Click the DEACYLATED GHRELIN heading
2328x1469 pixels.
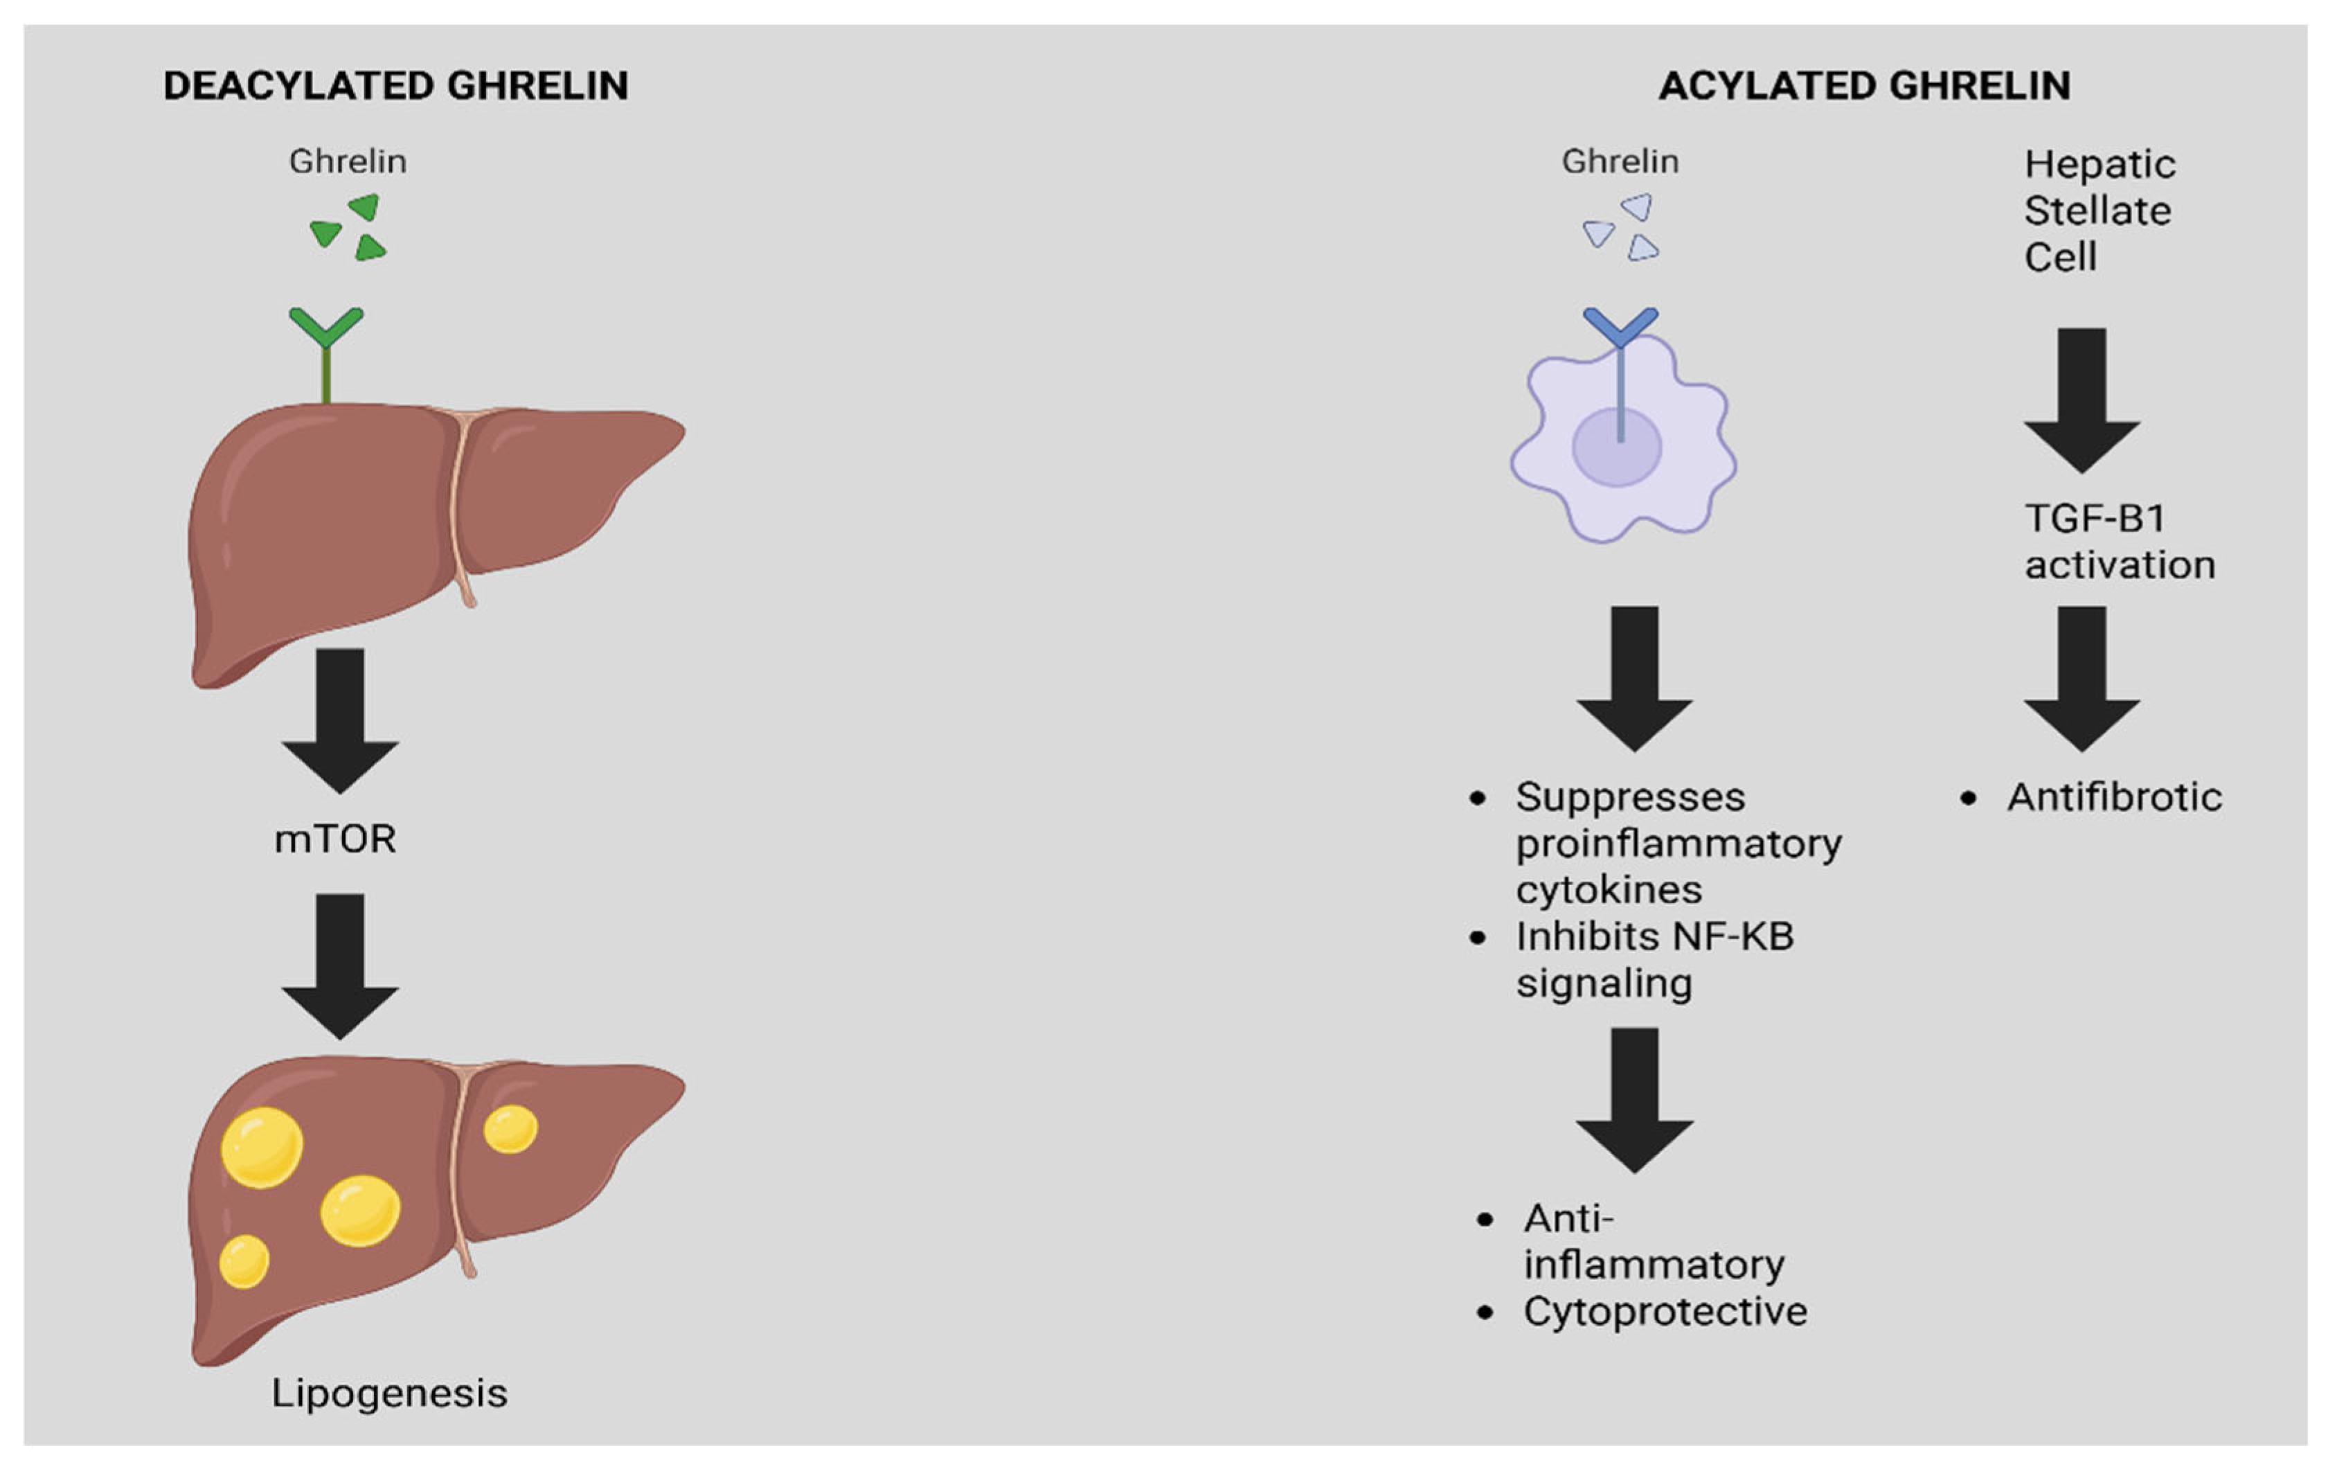(x=395, y=86)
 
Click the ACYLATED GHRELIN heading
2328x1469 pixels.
(x=1864, y=86)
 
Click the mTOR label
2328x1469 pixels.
(x=334, y=839)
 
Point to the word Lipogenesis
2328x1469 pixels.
(x=388, y=1394)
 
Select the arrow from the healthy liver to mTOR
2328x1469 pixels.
(x=340, y=720)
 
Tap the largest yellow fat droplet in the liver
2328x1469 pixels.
(x=262, y=1147)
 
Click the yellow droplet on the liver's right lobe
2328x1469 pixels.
(x=510, y=1128)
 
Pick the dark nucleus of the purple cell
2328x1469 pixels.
(x=1616, y=447)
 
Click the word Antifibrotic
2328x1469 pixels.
(x=2114, y=797)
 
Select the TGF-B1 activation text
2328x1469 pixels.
(x=2119, y=542)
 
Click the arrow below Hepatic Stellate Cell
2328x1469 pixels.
(x=2081, y=398)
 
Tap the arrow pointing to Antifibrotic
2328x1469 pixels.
(x=2081, y=677)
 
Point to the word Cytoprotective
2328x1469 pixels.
(x=1665, y=1311)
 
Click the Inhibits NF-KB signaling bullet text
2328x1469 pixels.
(x=1653, y=959)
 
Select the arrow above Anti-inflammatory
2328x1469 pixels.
(x=1635, y=1098)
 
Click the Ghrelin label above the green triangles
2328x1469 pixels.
(x=347, y=161)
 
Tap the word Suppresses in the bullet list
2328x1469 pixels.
(x=1630, y=797)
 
